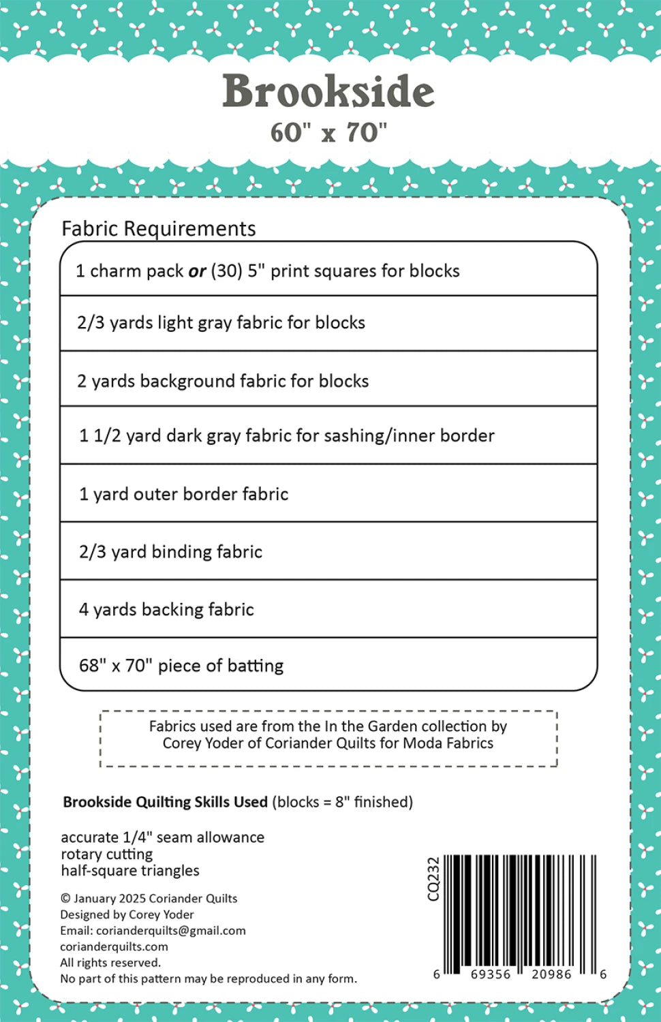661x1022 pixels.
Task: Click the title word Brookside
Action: pos(328,92)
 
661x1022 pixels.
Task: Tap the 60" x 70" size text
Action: pos(328,132)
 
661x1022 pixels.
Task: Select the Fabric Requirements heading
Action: pos(158,228)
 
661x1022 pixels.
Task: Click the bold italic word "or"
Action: pos(197,271)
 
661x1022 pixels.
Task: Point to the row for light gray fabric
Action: pos(221,322)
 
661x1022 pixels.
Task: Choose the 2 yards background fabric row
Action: pos(222,381)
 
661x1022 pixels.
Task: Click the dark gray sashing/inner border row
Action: pos(286,435)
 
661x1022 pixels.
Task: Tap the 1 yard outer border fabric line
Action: pos(183,494)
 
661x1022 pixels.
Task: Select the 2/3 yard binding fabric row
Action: pos(170,552)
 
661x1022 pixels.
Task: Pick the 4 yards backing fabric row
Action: pos(166,609)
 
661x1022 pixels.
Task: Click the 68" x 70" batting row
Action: pos(181,666)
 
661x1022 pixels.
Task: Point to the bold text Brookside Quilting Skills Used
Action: pos(165,802)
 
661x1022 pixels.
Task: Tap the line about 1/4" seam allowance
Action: pos(162,837)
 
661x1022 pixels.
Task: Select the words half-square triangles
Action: pos(129,871)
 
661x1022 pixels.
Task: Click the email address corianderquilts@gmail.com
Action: pos(170,931)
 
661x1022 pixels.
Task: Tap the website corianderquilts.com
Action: pos(114,946)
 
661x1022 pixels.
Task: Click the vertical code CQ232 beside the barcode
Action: pos(433,879)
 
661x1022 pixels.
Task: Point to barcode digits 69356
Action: pos(490,974)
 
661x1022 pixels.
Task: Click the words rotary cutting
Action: pos(106,854)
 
